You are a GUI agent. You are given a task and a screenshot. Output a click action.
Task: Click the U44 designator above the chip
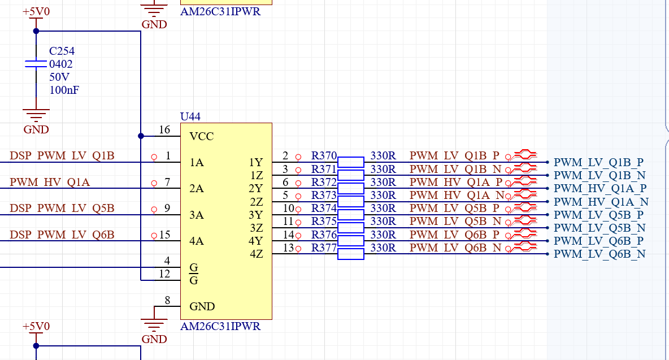pyautogui.click(x=190, y=116)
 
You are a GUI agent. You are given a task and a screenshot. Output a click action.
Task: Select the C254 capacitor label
pyautogui.click(x=62, y=51)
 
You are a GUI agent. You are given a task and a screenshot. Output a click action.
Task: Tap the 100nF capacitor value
pyautogui.click(x=64, y=90)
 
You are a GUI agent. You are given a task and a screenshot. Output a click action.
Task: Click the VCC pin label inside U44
pyautogui.click(x=201, y=137)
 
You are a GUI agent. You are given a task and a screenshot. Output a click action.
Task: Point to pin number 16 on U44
pyautogui.click(x=164, y=129)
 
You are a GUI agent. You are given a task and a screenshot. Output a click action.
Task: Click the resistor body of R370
pyautogui.click(x=351, y=162)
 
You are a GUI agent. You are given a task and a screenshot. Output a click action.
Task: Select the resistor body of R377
pyautogui.click(x=351, y=254)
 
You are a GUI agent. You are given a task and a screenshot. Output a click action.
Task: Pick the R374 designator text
pyautogui.click(x=324, y=208)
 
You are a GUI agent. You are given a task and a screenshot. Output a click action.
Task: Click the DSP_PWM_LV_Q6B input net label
pyautogui.click(x=62, y=235)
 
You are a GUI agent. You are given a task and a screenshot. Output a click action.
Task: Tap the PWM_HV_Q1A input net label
pyautogui.click(x=50, y=182)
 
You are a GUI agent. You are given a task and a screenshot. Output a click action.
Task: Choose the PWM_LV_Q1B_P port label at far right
pyautogui.click(x=598, y=163)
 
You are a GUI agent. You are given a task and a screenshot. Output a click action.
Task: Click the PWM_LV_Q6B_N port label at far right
pyautogui.click(x=600, y=254)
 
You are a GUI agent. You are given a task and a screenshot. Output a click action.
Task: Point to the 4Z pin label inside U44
pyautogui.click(x=256, y=254)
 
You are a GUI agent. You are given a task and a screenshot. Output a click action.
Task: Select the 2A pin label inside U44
pyautogui.click(x=196, y=189)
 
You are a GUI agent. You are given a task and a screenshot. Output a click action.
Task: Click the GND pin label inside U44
pyautogui.click(x=202, y=307)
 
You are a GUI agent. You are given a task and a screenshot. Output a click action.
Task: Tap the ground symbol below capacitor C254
pyautogui.click(x=36, y=115)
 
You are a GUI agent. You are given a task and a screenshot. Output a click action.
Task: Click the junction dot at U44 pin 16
pyautogui.click(x=141, y=136)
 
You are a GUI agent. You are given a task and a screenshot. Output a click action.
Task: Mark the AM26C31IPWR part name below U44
pyautogui.click(x=220, y=326)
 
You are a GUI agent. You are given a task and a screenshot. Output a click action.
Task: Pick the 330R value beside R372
pyautogui.click(x=383, y=182)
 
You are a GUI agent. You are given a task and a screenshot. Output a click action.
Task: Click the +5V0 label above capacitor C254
pyautogui.click(x=36, y=11)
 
